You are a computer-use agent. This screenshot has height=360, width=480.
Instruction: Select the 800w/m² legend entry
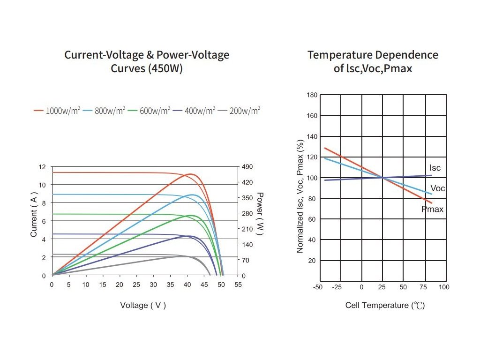(x=105, y=111)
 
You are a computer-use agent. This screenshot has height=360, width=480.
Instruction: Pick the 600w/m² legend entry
(x=150, y=111)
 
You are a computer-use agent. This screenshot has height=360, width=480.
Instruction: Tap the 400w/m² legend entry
(x=195, y=111)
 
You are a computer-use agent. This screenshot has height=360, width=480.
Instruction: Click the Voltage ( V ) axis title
(x=143, y=305)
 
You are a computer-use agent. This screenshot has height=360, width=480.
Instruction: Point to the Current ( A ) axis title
(x=34, y=216)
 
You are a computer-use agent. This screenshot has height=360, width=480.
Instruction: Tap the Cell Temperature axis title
(x=385, y=306)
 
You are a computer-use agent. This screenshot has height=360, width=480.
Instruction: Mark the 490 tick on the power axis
(x=247, y=167)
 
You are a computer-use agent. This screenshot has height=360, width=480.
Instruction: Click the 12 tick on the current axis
(x=43, y=167)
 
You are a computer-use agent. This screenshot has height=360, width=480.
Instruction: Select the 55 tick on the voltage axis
(x=238, y=285)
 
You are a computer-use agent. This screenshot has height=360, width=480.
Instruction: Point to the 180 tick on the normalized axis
(x=312, y=95)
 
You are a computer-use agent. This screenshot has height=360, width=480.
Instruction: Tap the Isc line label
(x=435, y=168)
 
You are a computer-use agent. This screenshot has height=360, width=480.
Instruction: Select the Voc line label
(x=437, y=188)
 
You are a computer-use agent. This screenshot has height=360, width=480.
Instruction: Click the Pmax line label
(x=432, y=210)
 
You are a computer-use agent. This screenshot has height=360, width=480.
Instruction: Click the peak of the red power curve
(x=190, y=174)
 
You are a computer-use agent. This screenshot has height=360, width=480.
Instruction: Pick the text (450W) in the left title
(x=165, y=68)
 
